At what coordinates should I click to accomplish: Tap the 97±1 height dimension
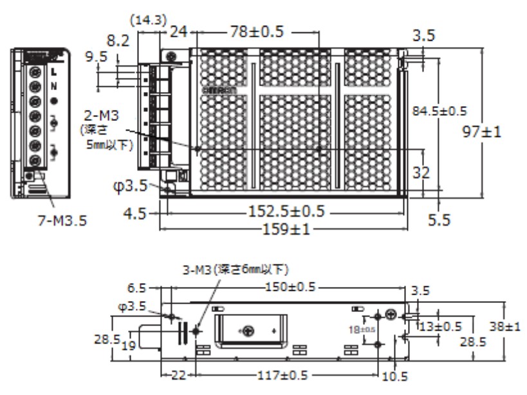[x=483, y=132]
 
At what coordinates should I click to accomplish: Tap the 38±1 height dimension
[x=504, y=327]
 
